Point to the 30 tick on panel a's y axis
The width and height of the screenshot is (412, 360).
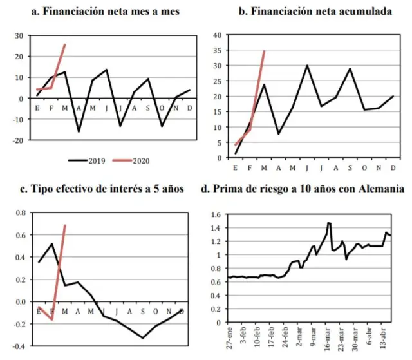(x=20, y=35)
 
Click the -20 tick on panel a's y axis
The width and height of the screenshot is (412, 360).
(x=18, y=140)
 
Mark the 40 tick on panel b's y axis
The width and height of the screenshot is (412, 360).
(x=217, y=35)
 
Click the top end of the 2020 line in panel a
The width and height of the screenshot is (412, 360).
(x=65, y=44)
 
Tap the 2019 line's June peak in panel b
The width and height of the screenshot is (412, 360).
(x=307, y=66)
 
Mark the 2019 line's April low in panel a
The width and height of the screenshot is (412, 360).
(x=79, y=131)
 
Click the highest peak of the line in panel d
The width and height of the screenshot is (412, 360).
(x=329, y=223)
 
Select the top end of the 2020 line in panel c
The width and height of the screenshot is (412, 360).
(x=65, y=225)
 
